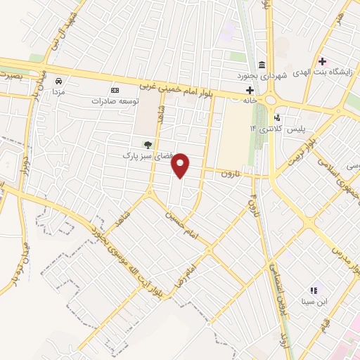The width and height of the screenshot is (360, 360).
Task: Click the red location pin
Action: click(181, 165)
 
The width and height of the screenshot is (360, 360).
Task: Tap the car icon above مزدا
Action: click(60, 81)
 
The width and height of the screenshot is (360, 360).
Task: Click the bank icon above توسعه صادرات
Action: click(115, 90)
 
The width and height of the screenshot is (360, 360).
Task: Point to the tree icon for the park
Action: click(147, 145)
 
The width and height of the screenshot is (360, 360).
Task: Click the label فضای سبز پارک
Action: click(148, 154)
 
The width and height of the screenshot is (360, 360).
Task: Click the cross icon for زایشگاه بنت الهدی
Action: click(322, 62)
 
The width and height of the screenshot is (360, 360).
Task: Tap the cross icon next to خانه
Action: click(250, 89)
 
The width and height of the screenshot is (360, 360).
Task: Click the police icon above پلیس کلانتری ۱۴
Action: click(278, 117)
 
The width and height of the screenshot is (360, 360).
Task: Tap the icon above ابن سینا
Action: click(314, 290)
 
